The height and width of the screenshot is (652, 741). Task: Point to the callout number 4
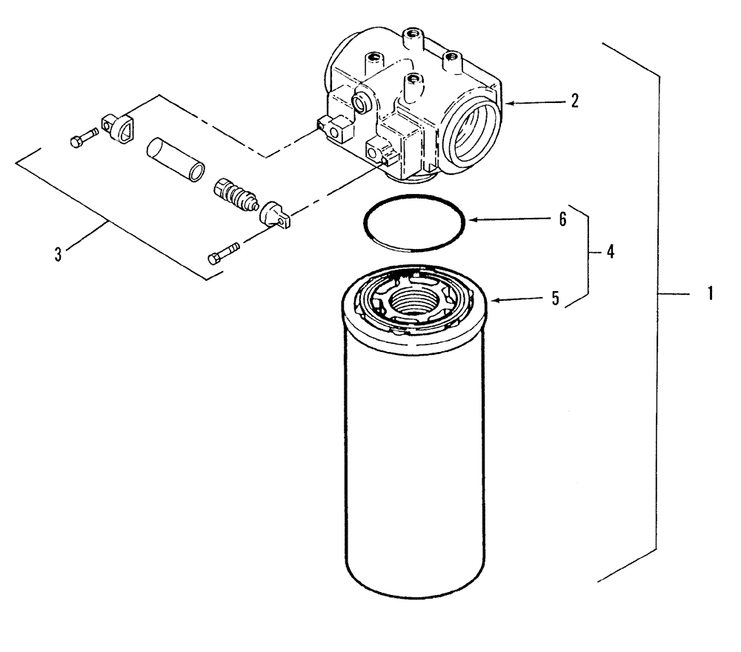coord(610,251)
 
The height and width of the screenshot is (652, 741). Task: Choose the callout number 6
coord(562,220)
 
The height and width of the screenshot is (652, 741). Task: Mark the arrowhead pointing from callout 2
coord(508,104)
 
